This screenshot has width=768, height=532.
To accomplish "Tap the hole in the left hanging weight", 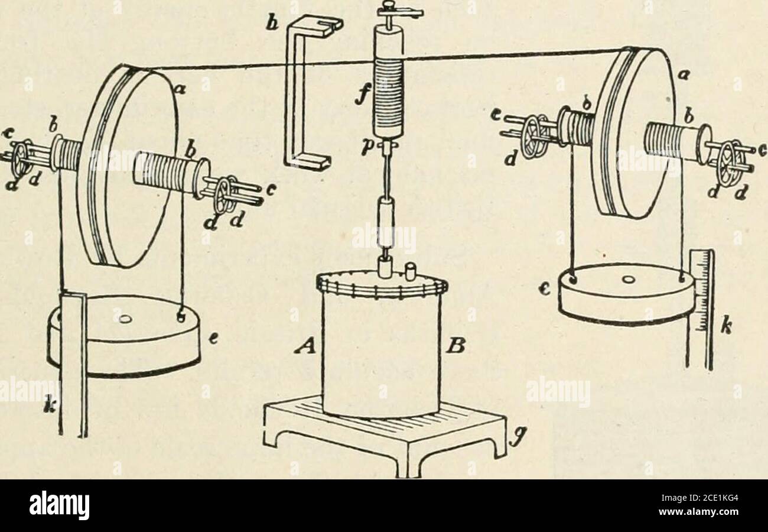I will click(x=125, y=320).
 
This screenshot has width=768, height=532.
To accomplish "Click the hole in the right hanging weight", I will click(x=629, y=278).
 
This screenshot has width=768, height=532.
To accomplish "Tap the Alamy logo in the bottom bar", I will click(x=60, y=505).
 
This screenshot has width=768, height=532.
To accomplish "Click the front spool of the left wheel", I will click(x=168, y=174).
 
